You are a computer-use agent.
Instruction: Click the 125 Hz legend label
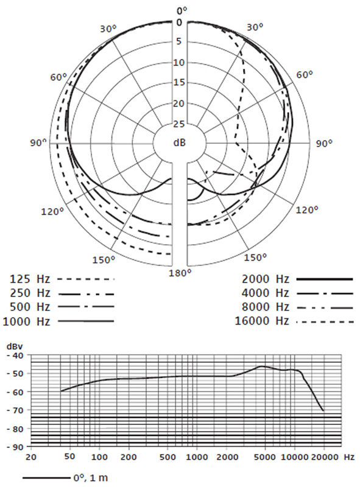30,279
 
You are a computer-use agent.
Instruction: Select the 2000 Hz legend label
266,279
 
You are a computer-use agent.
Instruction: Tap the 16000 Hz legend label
262,321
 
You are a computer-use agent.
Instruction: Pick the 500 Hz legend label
30,307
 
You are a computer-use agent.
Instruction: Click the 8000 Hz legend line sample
325,307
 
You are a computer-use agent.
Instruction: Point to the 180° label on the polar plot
180,273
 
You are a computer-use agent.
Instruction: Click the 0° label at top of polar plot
182,10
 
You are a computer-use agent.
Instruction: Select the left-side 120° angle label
52,212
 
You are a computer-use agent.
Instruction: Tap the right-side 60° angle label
305,75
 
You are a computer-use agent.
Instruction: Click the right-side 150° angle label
256,257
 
